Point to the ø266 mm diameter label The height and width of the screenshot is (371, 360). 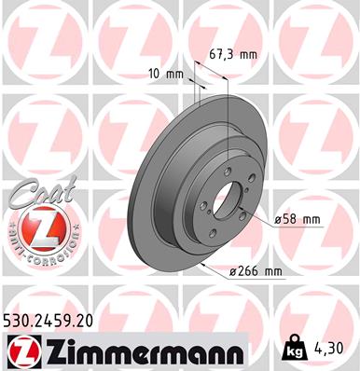(255, 271)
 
